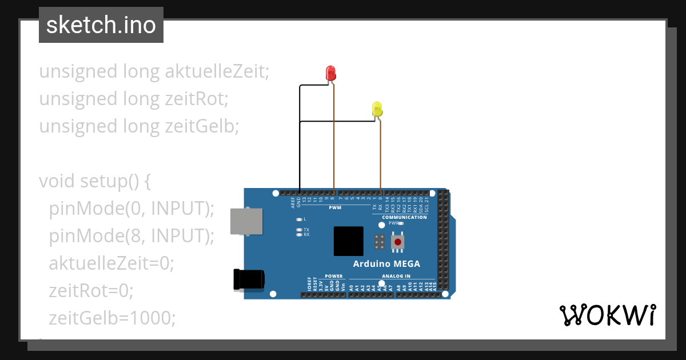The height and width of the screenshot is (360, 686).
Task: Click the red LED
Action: (x=330, y=73)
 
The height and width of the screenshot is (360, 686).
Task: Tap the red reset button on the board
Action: (x=398, y=242)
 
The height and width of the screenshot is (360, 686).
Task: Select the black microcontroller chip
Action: (x=349, y=241)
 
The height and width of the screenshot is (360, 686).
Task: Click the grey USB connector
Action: (x=246, y=221)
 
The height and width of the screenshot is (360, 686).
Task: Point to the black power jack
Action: (x=249, y=279)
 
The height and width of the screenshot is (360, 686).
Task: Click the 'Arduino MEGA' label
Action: (x=386, y=263)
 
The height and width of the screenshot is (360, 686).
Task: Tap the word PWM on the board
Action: (x=335, y=207)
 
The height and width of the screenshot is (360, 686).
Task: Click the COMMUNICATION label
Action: (x=404, y=217)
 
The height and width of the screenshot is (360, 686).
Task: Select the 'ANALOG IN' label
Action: (x=396, y=276)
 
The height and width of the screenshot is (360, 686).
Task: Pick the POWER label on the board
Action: (x=334, y=276)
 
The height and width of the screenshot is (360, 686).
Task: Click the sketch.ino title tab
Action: (x=101, y=25)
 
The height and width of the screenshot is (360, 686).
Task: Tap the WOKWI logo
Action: (x=607, y=315)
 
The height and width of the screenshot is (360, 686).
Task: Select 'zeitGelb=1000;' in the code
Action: (x=112, y=318)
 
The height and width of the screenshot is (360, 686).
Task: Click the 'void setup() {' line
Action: (x=94, y=181)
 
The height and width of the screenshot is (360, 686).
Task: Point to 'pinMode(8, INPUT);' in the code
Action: (x=131, y=235)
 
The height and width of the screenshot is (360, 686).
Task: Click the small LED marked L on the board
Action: (x=299, y=219)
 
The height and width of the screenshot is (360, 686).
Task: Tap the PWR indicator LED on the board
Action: (x=401, y=224)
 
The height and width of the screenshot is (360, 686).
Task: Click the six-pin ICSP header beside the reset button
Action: (x=378, y=242)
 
